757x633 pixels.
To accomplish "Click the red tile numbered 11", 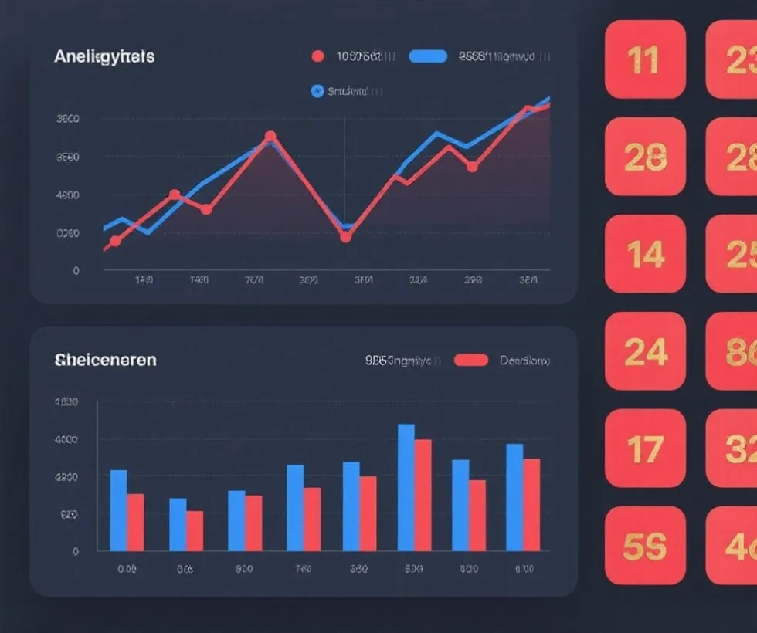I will tap(645, 59).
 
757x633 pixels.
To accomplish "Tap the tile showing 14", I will tap(645, 254).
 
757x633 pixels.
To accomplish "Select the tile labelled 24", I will tap(645, 351).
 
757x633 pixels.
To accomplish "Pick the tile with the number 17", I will tap(645, 449).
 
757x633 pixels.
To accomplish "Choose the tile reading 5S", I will tap(645, 546).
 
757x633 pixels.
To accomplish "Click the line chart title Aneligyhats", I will tap(104, 57).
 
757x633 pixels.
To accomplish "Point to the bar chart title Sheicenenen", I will tap(105, 360).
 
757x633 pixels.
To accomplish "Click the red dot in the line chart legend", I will tap(317, 56).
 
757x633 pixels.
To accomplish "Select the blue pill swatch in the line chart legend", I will tap(428, 56).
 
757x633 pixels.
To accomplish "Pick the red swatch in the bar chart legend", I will tap(471, 360).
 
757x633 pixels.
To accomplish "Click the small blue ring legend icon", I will tap(317, 91).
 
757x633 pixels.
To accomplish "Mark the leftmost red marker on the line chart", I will tap(115, 241).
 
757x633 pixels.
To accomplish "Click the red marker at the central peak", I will tap(270, 137).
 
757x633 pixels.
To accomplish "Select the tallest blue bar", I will tap(406, 486).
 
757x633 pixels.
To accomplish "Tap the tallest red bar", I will tap(423, 494).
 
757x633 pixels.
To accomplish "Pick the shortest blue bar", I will tap(178, 524).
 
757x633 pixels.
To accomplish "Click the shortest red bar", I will tap(195, 530).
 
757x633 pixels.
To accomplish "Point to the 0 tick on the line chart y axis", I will tap(76, 271).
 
